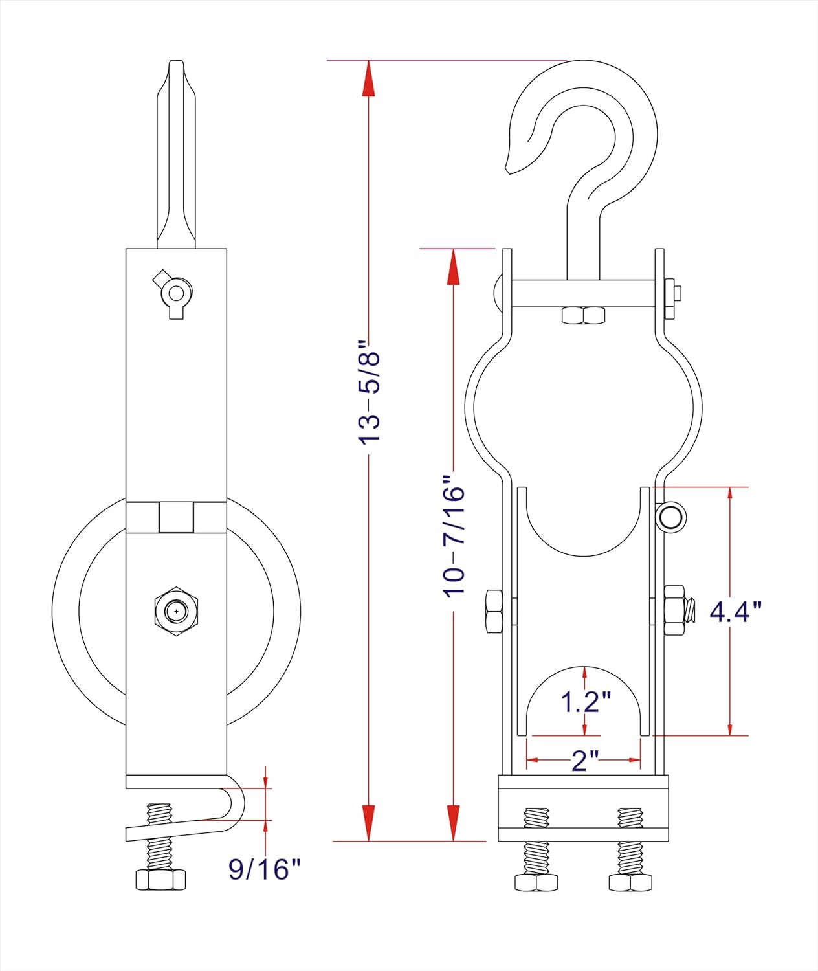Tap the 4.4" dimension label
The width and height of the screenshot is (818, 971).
[735, 611]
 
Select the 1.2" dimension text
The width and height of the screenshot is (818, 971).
[586, 702]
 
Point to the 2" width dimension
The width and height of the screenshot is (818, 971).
[584, 760]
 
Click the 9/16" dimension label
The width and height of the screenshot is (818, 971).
[265, 869]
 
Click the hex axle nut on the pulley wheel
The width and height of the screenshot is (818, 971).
[176, 611]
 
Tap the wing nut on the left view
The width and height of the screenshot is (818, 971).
[174, 293]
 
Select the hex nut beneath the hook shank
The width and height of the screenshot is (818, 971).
[584, 315]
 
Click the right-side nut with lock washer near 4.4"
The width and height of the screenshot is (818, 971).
[676, 610]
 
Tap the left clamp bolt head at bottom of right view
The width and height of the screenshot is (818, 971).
[536, 882]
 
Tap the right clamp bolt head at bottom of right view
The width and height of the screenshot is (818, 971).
[630, 882]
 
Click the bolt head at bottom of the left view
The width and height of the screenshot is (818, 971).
[160, 880]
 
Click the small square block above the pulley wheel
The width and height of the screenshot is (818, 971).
[176, 517]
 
